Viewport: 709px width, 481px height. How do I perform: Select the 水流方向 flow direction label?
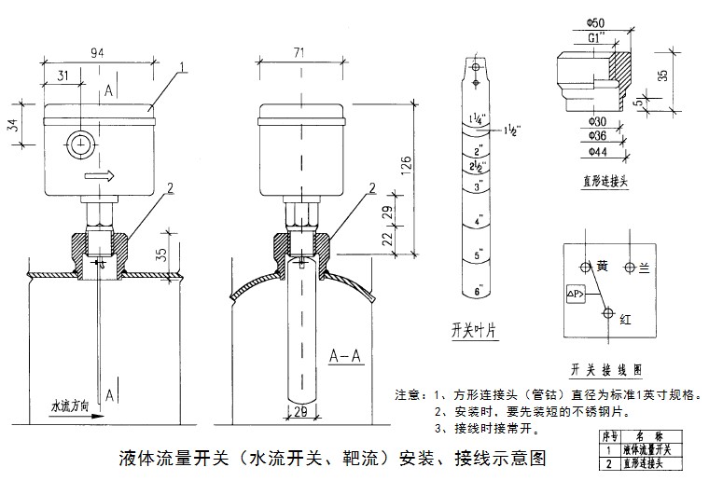[x=70, y=406]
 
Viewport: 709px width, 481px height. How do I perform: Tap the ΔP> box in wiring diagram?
[x=576, y=295]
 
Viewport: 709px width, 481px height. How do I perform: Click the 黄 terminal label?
[x=602, y=266]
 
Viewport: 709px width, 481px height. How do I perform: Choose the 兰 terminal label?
[x=644, y=268]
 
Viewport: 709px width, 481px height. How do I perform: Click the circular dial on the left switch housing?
[x=79, y=144]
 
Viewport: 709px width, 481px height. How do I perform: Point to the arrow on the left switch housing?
[x=97, y=175]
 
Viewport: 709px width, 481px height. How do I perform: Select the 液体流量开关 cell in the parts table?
[x=649, y=450]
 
